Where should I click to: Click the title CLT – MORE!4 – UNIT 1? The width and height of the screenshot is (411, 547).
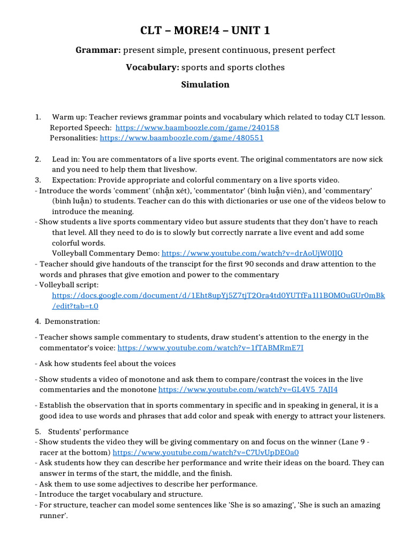coord(205,30)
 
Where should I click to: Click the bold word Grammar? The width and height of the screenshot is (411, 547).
coord(98,50)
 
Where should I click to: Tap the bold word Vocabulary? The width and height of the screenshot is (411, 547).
coord(152,67)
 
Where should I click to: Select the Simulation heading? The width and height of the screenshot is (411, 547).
coord(205,84)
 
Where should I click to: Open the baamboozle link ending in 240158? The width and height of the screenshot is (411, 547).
coord(197,128)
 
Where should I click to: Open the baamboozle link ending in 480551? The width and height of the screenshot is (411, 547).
coord(181,138)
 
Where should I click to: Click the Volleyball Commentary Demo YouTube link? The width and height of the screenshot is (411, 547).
coord(252,253)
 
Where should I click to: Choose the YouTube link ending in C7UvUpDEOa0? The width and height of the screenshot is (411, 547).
coord(205,452)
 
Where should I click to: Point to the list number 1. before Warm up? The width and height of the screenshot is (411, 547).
coord(38,117)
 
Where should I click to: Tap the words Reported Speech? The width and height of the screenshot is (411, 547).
coord(81,128)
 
